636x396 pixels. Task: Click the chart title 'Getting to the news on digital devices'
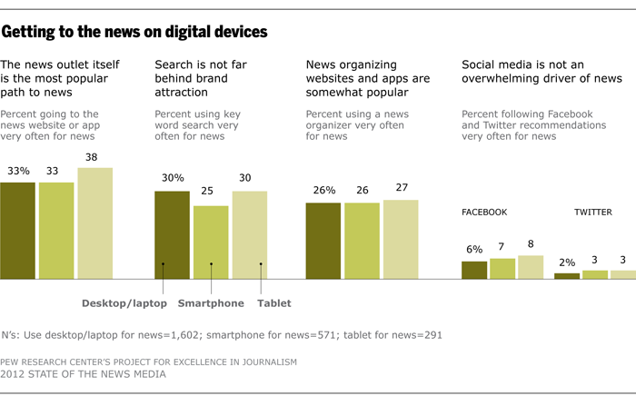134,33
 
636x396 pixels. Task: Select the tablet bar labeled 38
94,223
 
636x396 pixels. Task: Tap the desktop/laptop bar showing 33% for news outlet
17,231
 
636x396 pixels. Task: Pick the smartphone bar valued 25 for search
211,243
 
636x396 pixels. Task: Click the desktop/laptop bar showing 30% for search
172,235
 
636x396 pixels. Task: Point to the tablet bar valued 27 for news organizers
401,239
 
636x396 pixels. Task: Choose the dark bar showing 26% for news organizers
323,241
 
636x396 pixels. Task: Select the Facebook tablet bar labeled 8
530,267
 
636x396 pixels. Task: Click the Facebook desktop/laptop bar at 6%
473,270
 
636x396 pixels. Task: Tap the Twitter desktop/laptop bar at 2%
566,275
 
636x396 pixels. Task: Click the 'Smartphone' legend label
211,303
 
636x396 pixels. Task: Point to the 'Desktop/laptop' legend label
119,303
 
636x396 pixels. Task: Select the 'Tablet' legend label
274,303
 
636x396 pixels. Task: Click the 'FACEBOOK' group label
484,213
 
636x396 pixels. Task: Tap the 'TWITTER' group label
592,213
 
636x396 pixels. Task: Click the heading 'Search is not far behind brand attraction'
205,78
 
